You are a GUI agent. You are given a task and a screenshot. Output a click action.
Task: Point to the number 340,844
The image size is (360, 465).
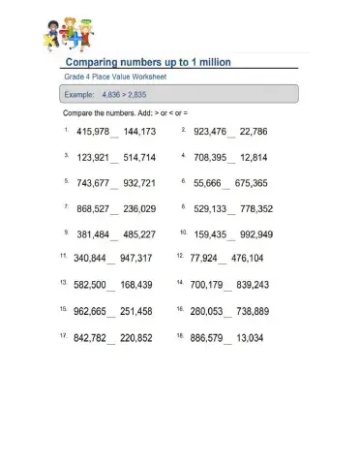(89, 259)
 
